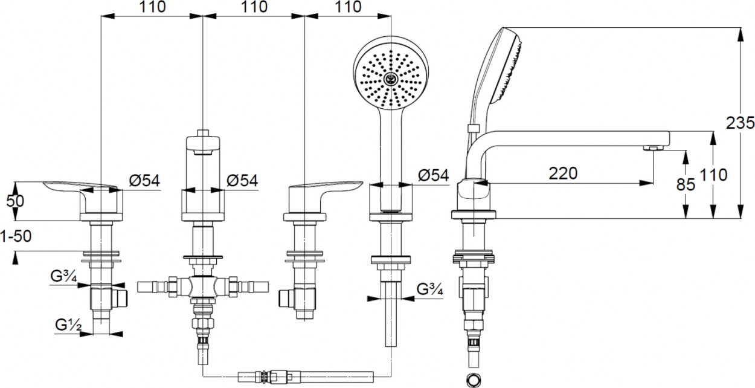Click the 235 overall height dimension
740,123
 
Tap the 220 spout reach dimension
563,173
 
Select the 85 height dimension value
686,184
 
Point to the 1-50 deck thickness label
16,236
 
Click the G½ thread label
68,325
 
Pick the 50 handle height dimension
15,201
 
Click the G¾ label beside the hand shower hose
429,289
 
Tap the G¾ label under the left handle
63,276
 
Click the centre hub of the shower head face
391,79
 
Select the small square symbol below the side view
474,380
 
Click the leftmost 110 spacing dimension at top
152,7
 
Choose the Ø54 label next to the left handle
144,181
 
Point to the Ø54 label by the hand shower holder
433,175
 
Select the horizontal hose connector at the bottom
306,377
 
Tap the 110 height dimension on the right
713,175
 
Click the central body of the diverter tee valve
203,287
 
